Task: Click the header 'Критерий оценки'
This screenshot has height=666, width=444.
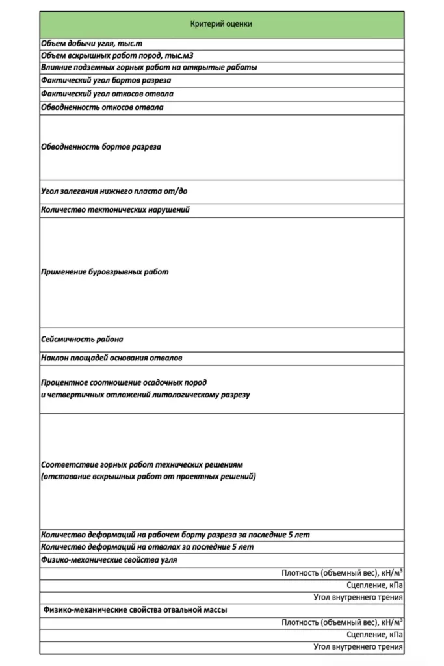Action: tap(221, 24)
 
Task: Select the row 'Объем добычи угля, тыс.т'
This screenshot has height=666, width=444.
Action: tap(92, 43)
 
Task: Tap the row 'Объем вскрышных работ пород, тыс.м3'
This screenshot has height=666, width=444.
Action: tap(117, 55)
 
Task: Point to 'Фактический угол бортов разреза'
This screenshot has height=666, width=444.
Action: tap(106, 81)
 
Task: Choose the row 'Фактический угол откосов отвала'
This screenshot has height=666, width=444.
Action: tap(107, 94)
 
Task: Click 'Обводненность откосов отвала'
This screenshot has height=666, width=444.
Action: tap(102, 107)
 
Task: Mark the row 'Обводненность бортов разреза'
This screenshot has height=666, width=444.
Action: tap(101, 147)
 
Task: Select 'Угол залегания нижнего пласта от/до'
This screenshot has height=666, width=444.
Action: tap(114, 191)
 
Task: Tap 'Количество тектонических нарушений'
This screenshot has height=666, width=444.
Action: tap(115, 210)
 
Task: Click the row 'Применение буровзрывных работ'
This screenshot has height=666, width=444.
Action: tap(105, 272)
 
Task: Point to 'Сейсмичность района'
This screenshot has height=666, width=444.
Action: tap(82, 339)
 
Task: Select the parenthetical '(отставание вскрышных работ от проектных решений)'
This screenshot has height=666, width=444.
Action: tap(148, 477)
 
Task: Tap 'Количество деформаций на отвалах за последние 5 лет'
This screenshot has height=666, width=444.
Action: tap(147, 547)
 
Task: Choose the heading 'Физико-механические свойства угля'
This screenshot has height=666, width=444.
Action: tap(109, 560)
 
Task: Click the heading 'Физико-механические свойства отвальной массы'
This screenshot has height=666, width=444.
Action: tap(135, 610)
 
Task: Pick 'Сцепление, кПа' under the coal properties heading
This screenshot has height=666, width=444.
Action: tap(374, 585)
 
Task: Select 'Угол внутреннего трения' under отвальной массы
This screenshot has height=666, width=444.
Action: tap(358, 647)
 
